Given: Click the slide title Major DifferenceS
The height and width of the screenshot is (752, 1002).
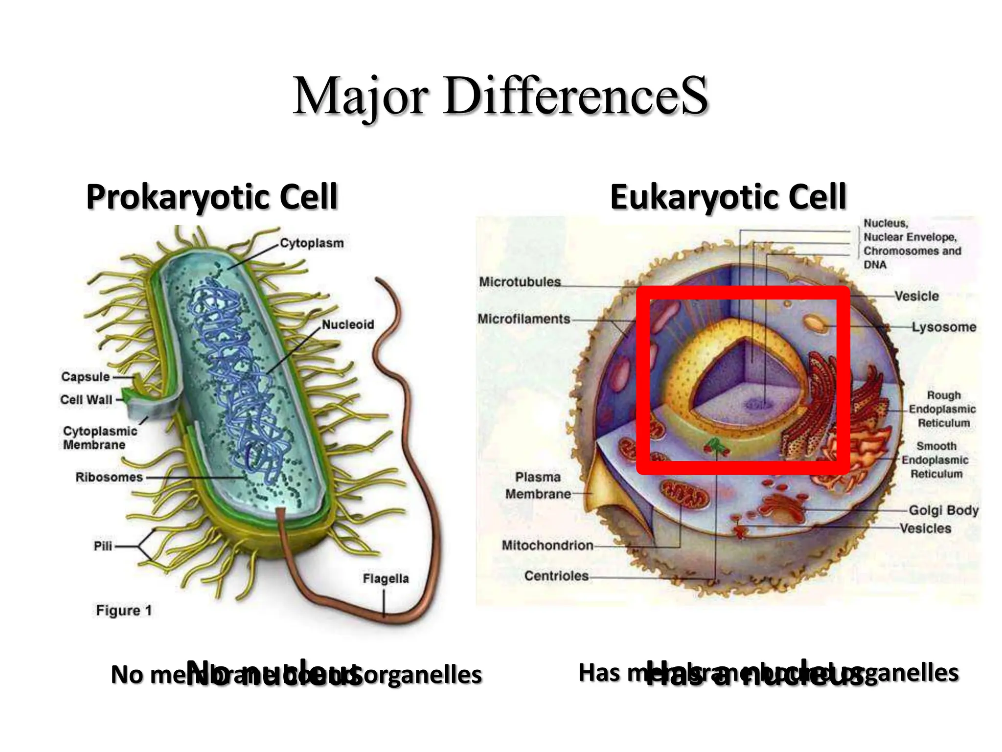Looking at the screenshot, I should (x=500, y=96).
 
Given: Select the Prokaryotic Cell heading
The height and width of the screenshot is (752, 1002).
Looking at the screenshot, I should (x=211, y=197).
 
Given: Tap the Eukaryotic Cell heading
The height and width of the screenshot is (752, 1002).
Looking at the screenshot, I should (x=728, y=197).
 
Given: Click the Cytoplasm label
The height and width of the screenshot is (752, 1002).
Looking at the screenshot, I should (x=312, y=243).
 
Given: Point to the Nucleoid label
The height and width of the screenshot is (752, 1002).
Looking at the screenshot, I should (x=348, y=325).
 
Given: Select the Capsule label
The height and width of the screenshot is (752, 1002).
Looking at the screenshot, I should (x=86, y=377).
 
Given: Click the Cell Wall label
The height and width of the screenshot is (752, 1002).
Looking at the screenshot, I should (x=86, y=400).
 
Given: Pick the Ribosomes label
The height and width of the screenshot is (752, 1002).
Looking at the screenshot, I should (x=109, y=477).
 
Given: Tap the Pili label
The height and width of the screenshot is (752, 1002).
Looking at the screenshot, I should (x=103, y=546).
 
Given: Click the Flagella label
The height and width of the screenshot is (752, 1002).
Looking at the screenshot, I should (x=386, y=579).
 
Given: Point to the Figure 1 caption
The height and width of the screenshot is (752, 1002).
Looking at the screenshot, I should (x=124, y=611).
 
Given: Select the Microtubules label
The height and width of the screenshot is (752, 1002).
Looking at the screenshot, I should (x=520, y=282).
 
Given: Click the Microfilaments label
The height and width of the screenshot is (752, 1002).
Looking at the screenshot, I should (x=524, y=319).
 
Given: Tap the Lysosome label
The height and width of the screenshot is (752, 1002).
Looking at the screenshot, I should (x=944, y=327).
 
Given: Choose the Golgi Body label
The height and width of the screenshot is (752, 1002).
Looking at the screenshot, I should (x=943, y=511).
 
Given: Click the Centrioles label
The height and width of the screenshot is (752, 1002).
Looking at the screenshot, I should (x=556, y=576).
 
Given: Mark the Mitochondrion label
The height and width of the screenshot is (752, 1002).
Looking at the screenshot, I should (x=547, y=545).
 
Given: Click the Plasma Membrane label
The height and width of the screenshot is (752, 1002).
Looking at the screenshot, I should (x=538, y=486).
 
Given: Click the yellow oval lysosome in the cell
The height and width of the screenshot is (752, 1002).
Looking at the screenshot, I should (x=814, y=323).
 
